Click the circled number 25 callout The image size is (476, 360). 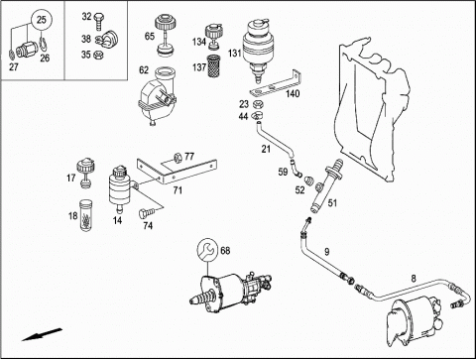[42, 20]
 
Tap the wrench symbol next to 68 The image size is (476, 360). [207, 250]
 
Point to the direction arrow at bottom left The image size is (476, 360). [42, 334]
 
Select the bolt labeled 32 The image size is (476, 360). [98, 21]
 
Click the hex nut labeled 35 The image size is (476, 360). [98, 55]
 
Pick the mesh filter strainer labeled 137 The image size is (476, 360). [213, 66]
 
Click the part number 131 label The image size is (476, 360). [234, 53]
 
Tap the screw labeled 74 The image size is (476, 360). [144, 213]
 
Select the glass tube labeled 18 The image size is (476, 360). [85, 215]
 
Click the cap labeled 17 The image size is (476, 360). [85, 174]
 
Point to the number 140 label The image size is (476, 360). [293, 94]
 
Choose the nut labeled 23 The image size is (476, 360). [258, 104]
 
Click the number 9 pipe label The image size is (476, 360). [326, 252]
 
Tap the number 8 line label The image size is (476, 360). [414, 279]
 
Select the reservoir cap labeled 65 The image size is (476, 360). [165, 34]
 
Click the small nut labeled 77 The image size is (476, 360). [178, 158]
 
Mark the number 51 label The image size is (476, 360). [332, 202]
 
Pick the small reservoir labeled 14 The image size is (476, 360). [118, 188]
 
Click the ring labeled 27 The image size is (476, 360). [11, 54]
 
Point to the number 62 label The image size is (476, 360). [144, 70]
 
